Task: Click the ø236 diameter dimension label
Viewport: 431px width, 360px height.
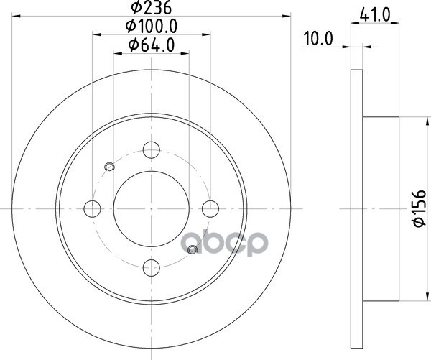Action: [151, 7]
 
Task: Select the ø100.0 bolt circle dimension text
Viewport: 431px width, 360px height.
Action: [152, 26]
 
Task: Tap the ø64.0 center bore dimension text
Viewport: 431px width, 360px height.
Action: [152, 45]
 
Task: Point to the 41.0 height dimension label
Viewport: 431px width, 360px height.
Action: [375, 15]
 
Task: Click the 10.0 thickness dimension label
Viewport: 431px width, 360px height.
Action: [318, 39]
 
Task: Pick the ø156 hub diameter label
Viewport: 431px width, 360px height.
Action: [420, 208]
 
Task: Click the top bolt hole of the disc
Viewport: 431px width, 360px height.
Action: [152, 150]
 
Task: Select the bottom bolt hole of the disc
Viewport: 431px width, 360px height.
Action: [152, 267]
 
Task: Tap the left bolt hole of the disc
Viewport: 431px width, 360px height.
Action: [93, 208]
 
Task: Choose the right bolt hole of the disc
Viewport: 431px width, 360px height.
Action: [210, 208]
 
